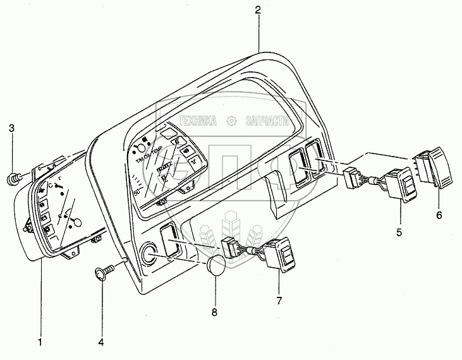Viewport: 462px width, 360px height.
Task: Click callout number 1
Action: tap(40, 343)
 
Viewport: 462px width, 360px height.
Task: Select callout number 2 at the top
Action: tap(258, 10)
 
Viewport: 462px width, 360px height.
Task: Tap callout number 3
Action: tap(11, 130)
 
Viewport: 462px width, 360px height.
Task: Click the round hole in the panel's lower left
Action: tap(151, 254)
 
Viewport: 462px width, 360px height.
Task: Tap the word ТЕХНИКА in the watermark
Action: tap(199, 120)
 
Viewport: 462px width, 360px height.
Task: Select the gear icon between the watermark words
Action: tap(232, 120)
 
